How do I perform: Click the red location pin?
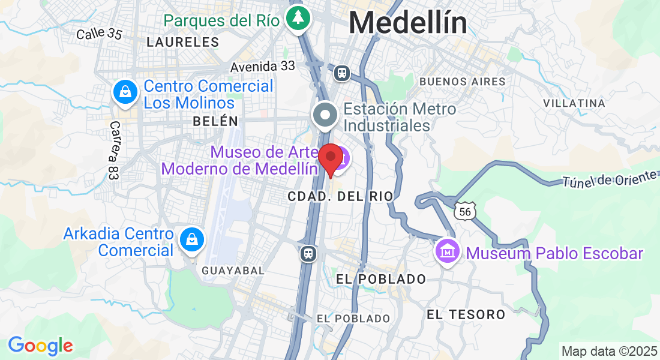(330, 158)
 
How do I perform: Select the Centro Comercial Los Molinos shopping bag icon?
(125, 92)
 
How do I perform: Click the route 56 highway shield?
(465, 210)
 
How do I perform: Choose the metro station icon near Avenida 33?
(342, 73)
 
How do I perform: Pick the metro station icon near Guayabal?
(308, 253)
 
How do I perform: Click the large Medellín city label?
(408, 23)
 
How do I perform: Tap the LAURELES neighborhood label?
(183, 42)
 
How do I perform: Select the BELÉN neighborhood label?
(215, 121)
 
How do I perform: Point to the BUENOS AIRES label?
(462, 81)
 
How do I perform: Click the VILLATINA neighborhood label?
(574, 103)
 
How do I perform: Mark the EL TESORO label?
(466, 314)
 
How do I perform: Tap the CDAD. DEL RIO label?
(340, 196)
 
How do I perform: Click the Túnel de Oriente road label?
(610, 178)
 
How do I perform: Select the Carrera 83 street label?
(114, 151)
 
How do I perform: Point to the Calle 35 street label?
(99, 34)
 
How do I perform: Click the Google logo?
(40, 346)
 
